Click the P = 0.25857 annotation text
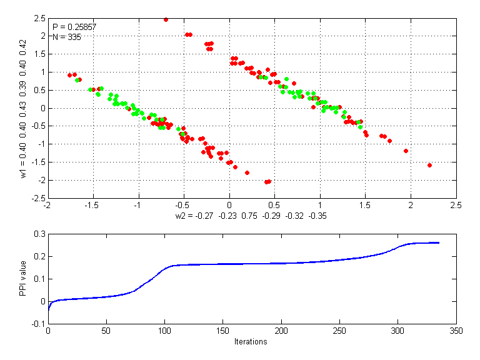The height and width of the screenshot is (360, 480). [x=74, y=27]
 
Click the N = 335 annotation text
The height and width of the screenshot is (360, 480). [x=67, y=37]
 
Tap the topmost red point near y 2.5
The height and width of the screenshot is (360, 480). [x=166, y=19]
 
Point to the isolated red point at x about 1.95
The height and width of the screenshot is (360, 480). [x=406, y=151]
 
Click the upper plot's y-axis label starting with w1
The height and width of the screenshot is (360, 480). [x=24, y=109]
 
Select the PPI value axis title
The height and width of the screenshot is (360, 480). [x=24, y=279]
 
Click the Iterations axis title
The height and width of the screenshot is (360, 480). [x=251, y=341]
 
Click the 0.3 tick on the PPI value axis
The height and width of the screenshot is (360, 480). [x=39, y=234]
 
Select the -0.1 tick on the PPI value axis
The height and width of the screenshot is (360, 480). [x=38, y=324]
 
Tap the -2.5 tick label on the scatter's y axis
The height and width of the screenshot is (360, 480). [x=37, y=199]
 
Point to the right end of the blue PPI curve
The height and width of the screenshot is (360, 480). [x=438, y=242]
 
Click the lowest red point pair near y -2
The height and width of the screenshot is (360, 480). [x=267, y=181]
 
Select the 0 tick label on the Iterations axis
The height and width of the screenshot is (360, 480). [x=48, y=331]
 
